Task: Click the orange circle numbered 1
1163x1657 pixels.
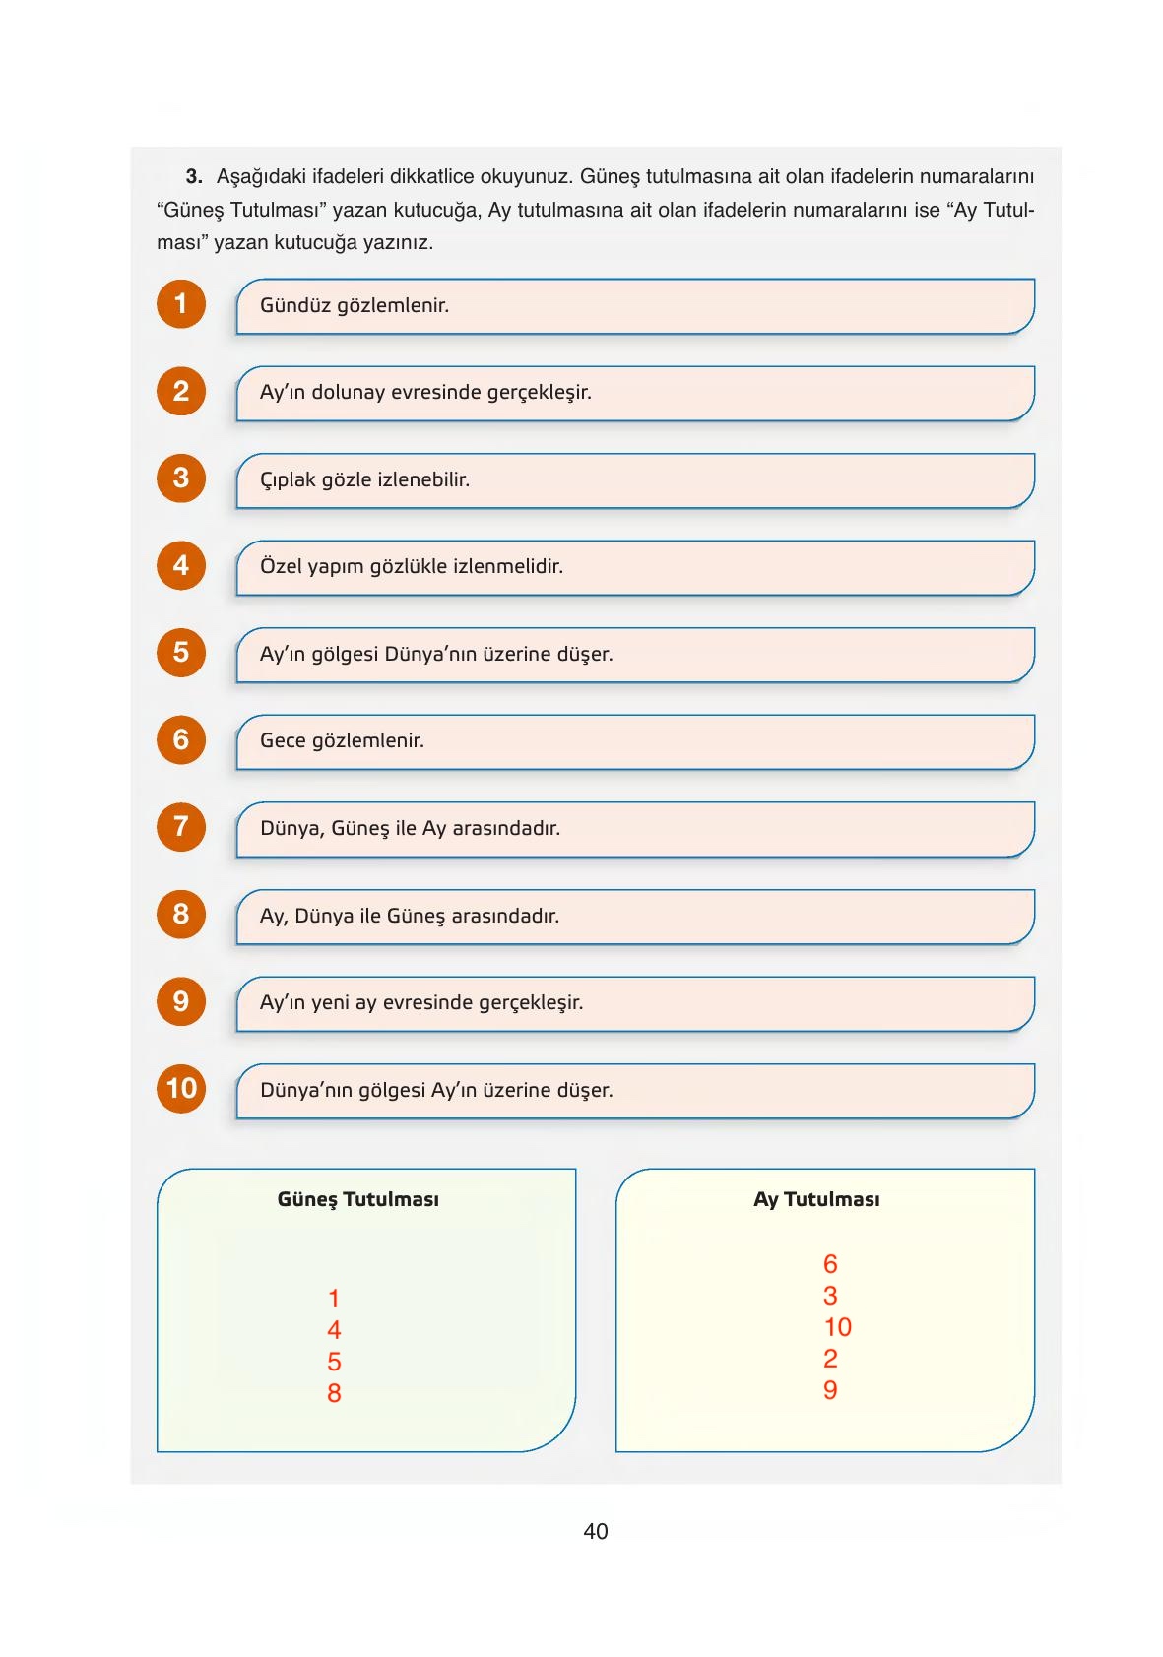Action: point(181,304)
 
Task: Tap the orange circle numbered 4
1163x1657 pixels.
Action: point(181,565)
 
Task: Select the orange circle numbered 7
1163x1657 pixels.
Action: point(181,826)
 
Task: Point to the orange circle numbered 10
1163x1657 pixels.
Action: point(181,1088)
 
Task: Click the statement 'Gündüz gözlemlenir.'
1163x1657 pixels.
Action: point(355,306)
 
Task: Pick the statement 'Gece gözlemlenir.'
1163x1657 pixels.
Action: point(342,741)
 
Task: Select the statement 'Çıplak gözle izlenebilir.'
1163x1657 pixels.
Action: point(364,480)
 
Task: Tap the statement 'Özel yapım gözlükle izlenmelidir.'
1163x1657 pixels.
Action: point(412,567)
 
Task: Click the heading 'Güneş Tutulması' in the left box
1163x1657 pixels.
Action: point(358,1199)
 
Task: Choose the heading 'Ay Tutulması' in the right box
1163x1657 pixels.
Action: point(816,1199)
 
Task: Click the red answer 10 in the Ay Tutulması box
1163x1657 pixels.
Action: point(837,1327)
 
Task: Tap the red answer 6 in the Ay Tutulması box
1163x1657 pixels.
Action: point(830,1264)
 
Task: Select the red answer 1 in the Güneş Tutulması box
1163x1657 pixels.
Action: point(334,1299)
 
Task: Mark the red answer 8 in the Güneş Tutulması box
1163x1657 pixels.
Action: point(334,1393)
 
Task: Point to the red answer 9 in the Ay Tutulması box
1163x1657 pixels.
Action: point(830,1390)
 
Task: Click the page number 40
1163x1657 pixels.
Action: point(595,1531)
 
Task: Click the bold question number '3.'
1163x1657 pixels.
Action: point(194,177)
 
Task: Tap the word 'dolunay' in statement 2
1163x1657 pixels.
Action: point(348,393)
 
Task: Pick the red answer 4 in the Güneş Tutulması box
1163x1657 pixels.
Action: point(334,1330)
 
